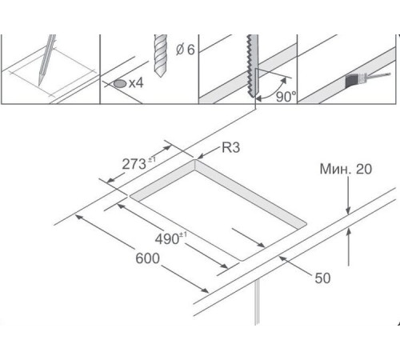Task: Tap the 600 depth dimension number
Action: point(147,258)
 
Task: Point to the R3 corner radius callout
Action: point(231,147)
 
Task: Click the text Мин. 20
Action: point(346,169)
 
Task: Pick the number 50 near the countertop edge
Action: point(322,278)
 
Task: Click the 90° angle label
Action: point(286,97)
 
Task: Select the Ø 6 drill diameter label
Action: point(186,50)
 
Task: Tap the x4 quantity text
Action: point(136,83)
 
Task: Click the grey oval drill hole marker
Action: point(120,84)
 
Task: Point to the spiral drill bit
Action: point(161,55)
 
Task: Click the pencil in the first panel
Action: point(46,60)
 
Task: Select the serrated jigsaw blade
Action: point(253,66)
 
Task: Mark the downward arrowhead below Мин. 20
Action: point(348,210)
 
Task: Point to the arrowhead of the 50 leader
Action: point(282,258)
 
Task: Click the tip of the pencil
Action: point(39,85)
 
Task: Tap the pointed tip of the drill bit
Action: point(160,76)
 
